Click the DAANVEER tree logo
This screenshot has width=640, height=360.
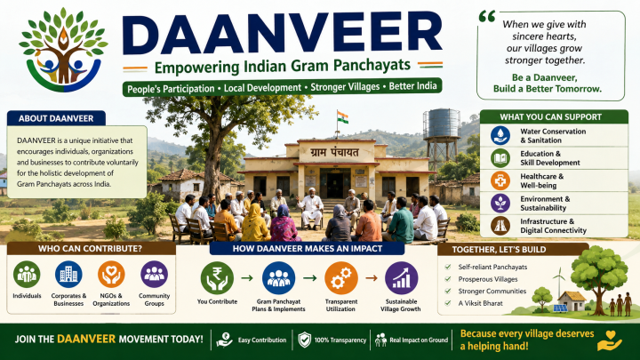(x=63, y=50)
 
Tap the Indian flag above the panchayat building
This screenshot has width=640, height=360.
(x=342, y=117)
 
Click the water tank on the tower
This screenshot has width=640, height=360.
(x=442, y=123)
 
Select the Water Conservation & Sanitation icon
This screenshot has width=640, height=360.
(x=500, y=135)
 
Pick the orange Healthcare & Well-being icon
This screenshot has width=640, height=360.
(x=500, y=180)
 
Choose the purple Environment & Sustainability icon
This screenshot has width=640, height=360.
(x=500, y=203)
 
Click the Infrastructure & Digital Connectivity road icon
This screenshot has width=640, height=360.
(x=500, y=225)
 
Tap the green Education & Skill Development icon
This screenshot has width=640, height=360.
(x=500, y=158)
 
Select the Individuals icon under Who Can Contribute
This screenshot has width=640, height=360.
(x=27, y=275)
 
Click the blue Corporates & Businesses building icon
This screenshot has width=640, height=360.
(x=68, y=275)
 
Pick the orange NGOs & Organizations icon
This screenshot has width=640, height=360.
(x=111, y=275)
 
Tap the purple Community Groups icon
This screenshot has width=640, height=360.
(x=154, y=275)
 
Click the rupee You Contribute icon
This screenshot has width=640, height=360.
(x=217, y=278)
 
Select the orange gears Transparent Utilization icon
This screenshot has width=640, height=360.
(x=341, y=278)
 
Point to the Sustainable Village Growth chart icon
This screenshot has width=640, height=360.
(x=401, y=278)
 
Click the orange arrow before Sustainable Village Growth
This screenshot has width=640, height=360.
(x=372, y=278)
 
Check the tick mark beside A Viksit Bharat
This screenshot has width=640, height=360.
(x=448, y=303)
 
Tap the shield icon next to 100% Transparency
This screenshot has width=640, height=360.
(x=305, y=340)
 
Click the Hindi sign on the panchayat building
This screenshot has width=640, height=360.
(x=335, y=153)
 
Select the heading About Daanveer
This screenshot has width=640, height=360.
(x=56, y=118)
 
